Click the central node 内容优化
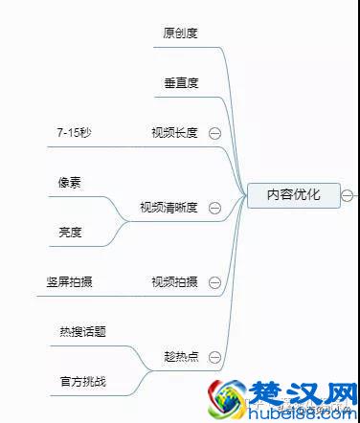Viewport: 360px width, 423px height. point(294,195)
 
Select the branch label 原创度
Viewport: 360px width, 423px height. point(180,33)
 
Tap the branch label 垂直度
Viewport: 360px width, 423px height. point(180,82)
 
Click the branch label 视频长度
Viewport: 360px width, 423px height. point(174,132)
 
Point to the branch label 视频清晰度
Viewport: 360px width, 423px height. point(169,207)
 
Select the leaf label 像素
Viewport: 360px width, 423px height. point(70,181)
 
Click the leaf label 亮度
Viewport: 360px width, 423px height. point(70,232)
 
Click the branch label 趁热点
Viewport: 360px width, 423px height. point(180,356)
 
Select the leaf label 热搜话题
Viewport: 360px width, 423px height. point(82,331)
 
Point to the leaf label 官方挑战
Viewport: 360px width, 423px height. point(82,381)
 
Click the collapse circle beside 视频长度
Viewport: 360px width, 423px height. point(214,133)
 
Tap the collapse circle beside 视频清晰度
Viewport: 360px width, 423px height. point(214,208)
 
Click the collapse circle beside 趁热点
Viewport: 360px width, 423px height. point(214,357)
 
